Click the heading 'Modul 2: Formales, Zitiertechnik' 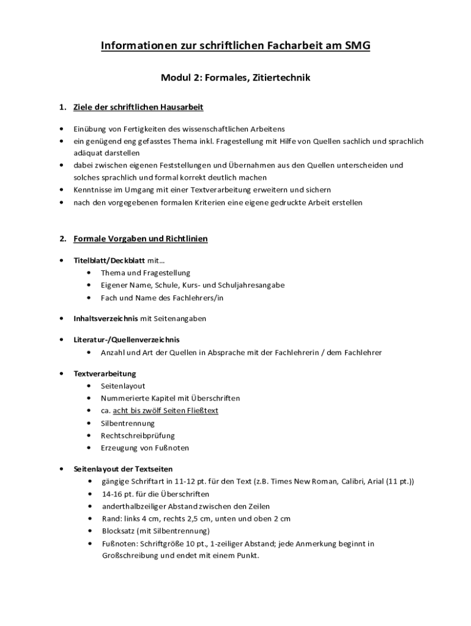pos(236,78)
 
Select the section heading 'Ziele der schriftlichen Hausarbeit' pos(138,108)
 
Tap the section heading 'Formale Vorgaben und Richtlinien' pos(141,239)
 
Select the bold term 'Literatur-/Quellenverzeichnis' pos(127,339)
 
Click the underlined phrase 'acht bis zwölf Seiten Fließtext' pos(165,411)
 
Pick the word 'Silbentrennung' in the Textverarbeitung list pos(128,423)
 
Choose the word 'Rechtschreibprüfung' pos(138,435)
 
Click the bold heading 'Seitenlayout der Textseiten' pos(123,469)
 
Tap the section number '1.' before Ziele pos(62,108)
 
